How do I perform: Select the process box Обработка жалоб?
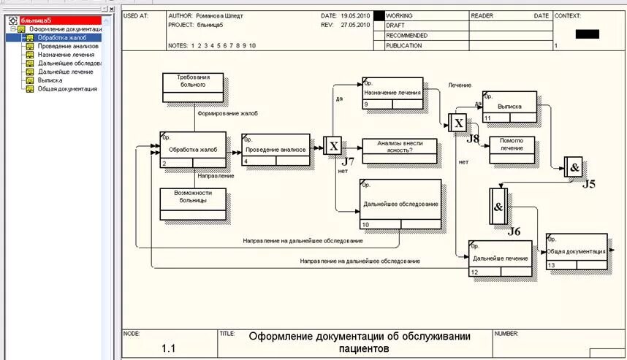[x=193, y=150]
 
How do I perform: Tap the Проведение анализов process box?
[x=275, y=149]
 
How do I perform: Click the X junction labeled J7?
[x=333, y=145]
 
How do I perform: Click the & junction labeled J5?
[x=574, y=167]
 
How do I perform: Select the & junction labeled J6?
[x=498, y=207]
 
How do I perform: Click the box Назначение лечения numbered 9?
[x=392, y=93]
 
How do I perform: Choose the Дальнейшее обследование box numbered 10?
[x=400, y=204]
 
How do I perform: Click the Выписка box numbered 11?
[x=509, y=106]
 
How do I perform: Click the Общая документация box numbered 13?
[x=577, y=251]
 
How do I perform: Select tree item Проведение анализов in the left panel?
[x=68, y=46]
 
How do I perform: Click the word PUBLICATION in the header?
[x=404, y=45]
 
